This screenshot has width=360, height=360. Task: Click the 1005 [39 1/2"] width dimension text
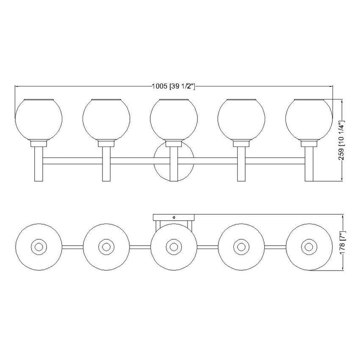pos(173,87)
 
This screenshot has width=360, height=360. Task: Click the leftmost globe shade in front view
pos(38,119)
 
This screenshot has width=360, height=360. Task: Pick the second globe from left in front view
pos(106,119)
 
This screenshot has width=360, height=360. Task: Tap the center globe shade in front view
pos(174,119)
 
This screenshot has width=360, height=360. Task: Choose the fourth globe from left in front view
pos(241,119)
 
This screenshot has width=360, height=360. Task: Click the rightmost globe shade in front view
pos(309,119)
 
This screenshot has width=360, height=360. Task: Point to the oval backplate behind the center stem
pos(161,163)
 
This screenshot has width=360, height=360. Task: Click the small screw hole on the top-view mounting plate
pos(174,217)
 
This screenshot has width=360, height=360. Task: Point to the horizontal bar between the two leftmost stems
pos(72,161)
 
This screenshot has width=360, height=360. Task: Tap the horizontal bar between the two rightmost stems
pos(275,161)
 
